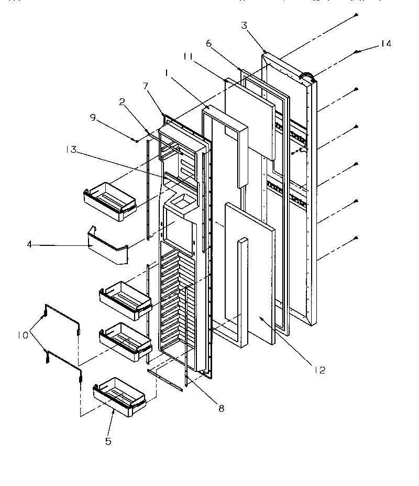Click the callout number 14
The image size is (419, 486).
[385, 44]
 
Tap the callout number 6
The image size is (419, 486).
[208, 45]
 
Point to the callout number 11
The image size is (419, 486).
[189, 56]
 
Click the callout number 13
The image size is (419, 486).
[72, 150]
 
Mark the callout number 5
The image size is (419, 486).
[108, 441]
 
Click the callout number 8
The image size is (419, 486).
[221, 409]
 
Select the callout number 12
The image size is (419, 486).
[320, 370]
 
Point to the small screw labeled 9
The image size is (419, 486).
[136, 141]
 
